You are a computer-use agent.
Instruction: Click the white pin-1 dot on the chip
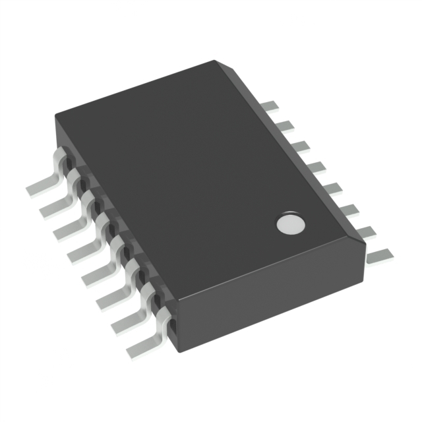[x=289, y=224]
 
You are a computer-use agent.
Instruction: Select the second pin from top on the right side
[x=285, y=125]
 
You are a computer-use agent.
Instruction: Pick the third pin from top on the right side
[x=301, y=144]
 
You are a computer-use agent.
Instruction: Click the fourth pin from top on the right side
[x=318, y=165]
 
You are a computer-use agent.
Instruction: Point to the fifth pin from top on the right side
[x=335, y=187]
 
